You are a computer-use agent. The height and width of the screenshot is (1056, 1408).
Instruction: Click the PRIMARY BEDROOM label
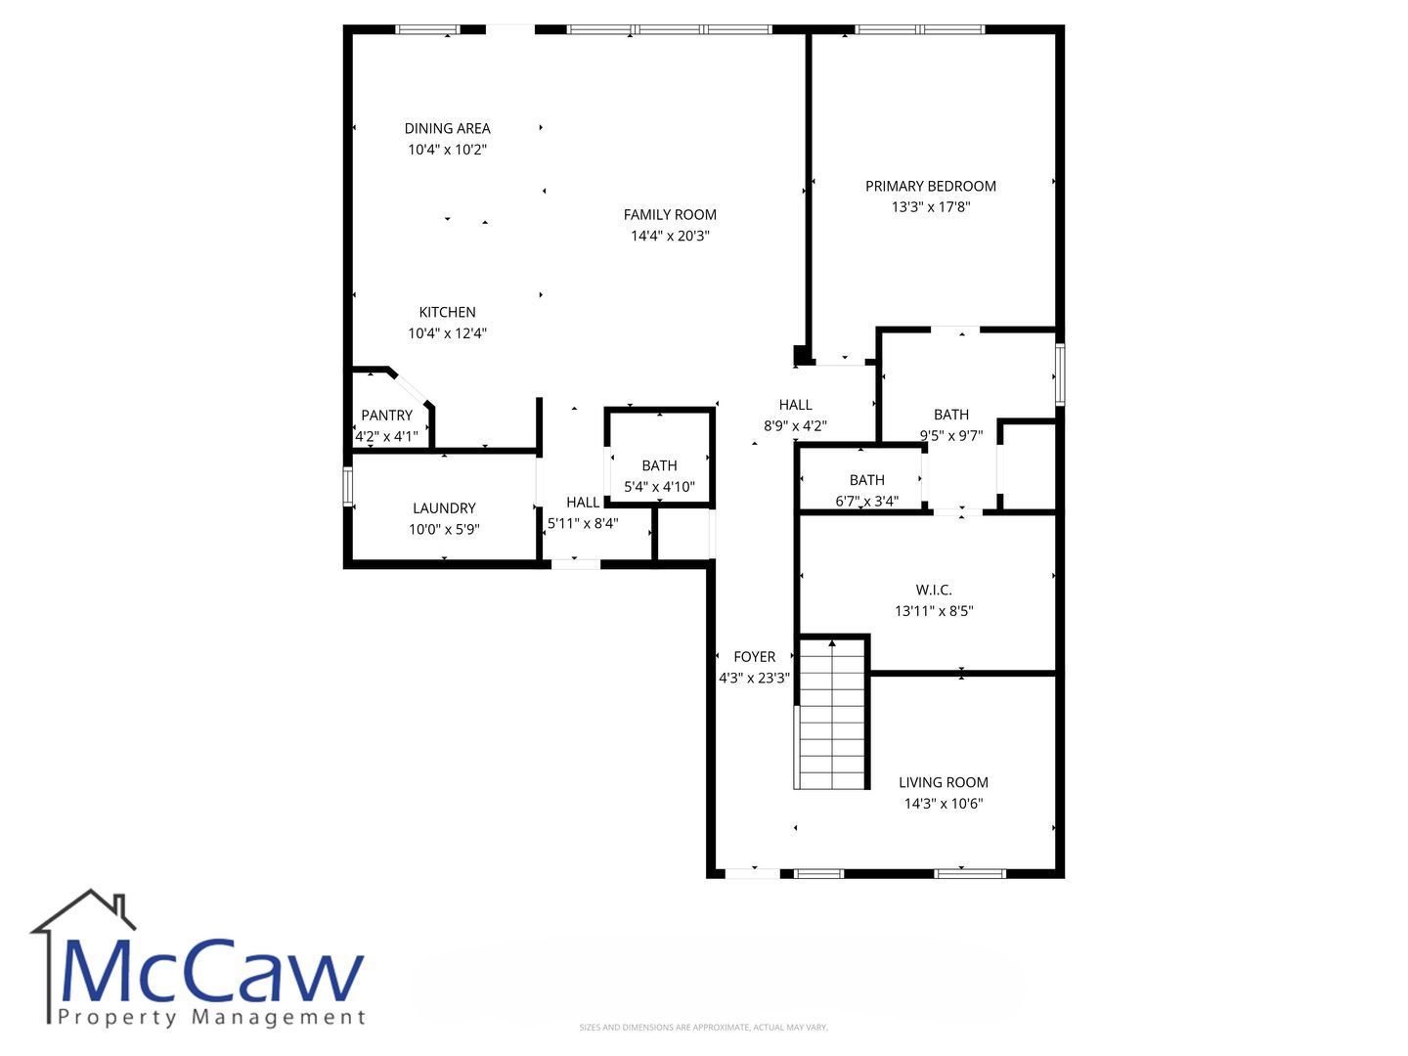pyautogui.click(x=930, y=186)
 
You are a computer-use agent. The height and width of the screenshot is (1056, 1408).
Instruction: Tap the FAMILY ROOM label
pyautogui.click(x=670, y=215)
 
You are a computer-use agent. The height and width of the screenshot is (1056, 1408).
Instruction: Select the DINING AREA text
pyautogui.click(x=447, y=128)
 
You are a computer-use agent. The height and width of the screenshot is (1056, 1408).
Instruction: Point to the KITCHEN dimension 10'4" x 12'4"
pyautogui.click(x=447, y=332)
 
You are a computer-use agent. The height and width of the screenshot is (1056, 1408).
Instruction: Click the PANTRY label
pyautogui.click(x=386, y=416)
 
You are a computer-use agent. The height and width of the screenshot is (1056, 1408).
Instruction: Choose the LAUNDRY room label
pyautogui.click(x=444, y=508)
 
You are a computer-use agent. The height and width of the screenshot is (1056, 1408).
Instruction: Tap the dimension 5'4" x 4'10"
pyautogui.click(x=659, y=487)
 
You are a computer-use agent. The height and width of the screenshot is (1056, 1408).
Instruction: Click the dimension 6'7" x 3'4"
pyautogui.click(x=866, y=501)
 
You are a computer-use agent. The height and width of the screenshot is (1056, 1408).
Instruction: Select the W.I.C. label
pyautogui.click(x=934, y=590)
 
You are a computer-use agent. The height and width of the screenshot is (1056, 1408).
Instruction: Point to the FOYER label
pyautogui.click(x=754, y=656)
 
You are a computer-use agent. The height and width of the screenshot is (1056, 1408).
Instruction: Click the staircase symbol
pyautogui.click(x=832, y=714)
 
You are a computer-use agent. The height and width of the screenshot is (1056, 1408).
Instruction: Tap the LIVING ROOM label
pyautogui.click(x=943, y=782)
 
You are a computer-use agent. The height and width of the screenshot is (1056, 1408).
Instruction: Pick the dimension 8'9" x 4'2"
pyautogui.click(x=795, y=425)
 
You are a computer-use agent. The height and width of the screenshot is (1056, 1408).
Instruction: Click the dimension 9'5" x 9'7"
pyautogui.click(x=950, y=436)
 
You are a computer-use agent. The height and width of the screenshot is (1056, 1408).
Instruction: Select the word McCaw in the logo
pyautogui.click(x=211, y=972)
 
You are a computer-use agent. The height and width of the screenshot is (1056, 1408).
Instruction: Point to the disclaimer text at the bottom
pyautogui.click(x=704, y=1027)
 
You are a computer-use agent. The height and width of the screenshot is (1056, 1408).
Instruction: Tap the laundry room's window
pyautogui.click(x=348, y=485)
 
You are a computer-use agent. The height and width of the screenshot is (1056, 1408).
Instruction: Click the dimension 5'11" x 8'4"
pyautogui.click(x=583, y=523)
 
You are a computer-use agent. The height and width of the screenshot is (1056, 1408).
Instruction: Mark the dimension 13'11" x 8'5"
pyautogui.click(x=934, y=611)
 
